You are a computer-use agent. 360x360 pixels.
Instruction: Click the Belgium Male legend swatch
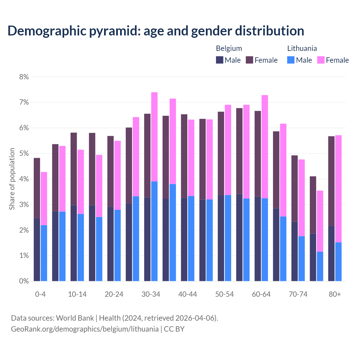219,60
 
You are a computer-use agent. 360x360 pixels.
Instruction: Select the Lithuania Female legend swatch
321,60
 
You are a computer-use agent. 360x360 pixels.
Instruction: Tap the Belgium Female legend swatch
249,60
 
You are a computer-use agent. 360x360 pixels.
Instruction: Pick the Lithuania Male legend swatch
291,60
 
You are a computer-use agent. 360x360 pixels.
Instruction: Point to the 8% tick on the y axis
24,77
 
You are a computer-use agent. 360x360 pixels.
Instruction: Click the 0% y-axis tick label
24,281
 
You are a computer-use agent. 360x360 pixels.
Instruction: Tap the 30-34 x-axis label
151,294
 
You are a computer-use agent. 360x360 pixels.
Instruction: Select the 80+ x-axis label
335,294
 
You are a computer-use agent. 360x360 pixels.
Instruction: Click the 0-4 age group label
40,294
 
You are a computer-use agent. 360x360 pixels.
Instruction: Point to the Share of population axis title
12,179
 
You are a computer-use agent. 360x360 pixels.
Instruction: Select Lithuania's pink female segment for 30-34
154,137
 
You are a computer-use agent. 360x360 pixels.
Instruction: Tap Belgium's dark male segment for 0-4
37,249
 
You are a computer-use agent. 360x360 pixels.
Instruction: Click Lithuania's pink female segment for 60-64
265,147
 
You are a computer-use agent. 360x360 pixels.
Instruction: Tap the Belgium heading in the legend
229,48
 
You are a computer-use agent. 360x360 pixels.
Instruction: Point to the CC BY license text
174,329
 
